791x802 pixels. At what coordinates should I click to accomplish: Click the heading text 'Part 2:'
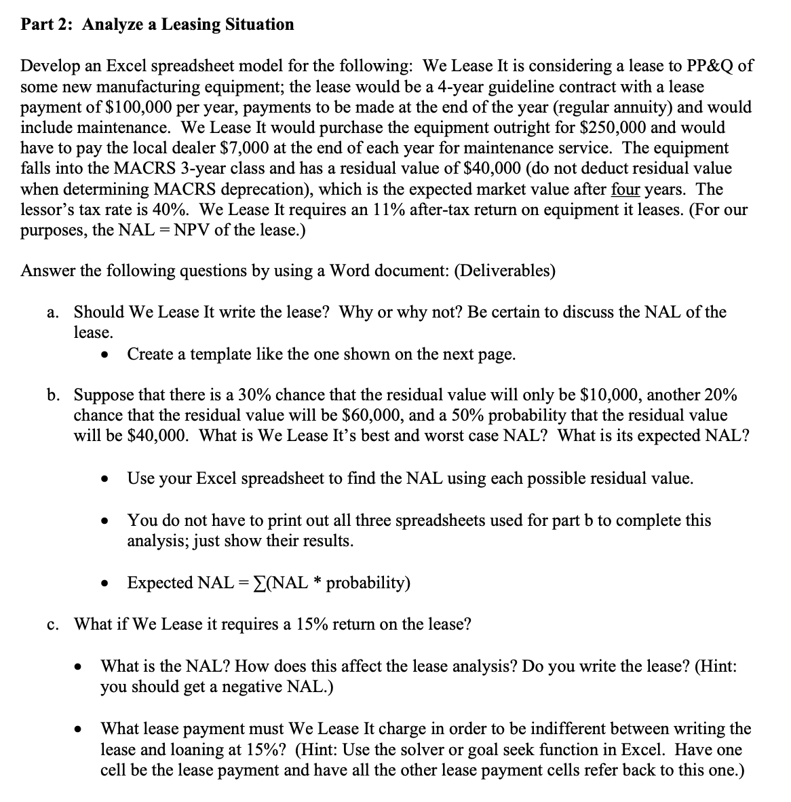[x=48, y=25]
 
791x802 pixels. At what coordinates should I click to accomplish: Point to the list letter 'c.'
[x=54, y=624]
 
